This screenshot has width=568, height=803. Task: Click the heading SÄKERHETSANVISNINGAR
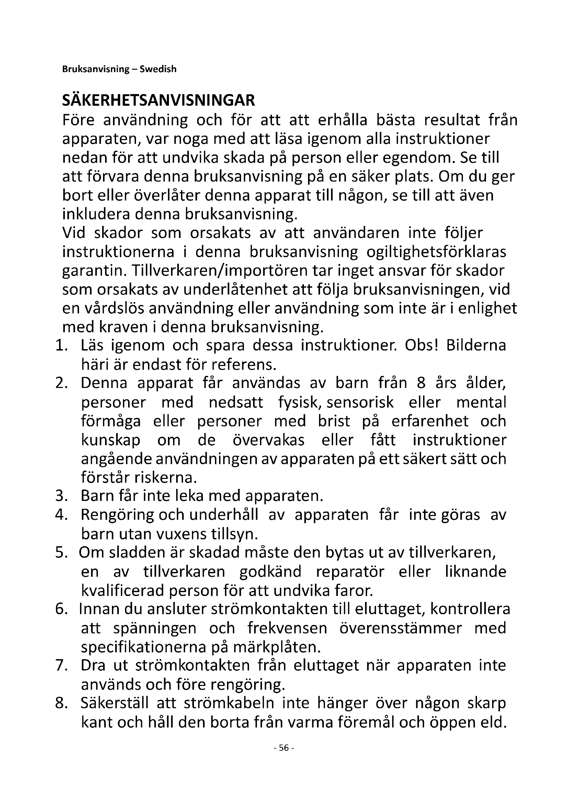[158, 101]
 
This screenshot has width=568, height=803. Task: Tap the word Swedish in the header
[158, 69]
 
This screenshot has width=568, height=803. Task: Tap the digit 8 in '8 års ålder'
[421, 383]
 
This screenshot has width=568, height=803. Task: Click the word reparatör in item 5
[350, 572]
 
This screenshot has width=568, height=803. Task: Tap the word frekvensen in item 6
[287, 628]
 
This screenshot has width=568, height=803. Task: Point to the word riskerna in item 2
[167, 478]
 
